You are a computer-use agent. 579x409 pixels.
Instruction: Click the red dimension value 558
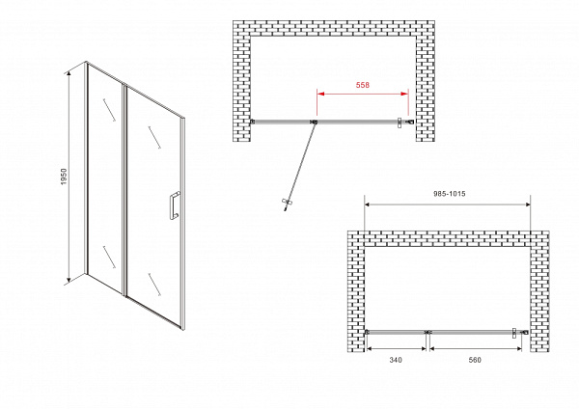pyautogui.click(x=362, y=85)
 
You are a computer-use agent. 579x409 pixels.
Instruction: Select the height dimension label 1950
pyautogui.click(x=65, y=177)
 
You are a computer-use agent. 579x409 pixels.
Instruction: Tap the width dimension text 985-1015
pyautogui.click(x=449, y=194)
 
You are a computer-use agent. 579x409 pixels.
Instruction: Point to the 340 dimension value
pyautogui.click(x=396, y=360)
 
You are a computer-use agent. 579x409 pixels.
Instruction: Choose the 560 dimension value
pyautogui.click(x=475, y=360)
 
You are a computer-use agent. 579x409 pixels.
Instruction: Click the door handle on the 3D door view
pyautogui.click(x=175, y=205)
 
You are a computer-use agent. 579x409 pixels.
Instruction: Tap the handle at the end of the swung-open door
pyautogui.click(x=287, y=204)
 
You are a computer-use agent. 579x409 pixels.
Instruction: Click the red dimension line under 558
pyautogui.click(x=363, y=94)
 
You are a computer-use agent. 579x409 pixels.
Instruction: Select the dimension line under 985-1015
pyautogui.click(x=447, y=204)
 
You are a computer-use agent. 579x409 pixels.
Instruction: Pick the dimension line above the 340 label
pyautogui.click(x=396, y=348)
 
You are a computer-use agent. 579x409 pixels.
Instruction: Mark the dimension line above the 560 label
pyautogui.click(x=476, y=348)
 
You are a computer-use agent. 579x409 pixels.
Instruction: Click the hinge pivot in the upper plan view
pyautogui.click(x=315, y=122)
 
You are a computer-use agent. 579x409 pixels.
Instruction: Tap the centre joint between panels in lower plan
pyautogui.click(x=427, y=332)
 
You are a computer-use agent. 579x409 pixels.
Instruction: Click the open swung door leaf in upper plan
pyautogui.click(x=300, y=166)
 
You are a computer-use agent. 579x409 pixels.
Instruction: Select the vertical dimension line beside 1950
pyautogui.click(x=69, y=177)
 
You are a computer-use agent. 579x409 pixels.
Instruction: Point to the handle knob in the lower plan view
pyautogui.click(x=513, y=333)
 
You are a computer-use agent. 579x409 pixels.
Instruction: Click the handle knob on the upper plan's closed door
pyautogui.click(x=400, y=123)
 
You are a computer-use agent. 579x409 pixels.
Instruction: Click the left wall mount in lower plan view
pyautogui.click(x=367, y=332)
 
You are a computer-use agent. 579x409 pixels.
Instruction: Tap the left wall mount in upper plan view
pyautogui.click(x=253, y=122)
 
